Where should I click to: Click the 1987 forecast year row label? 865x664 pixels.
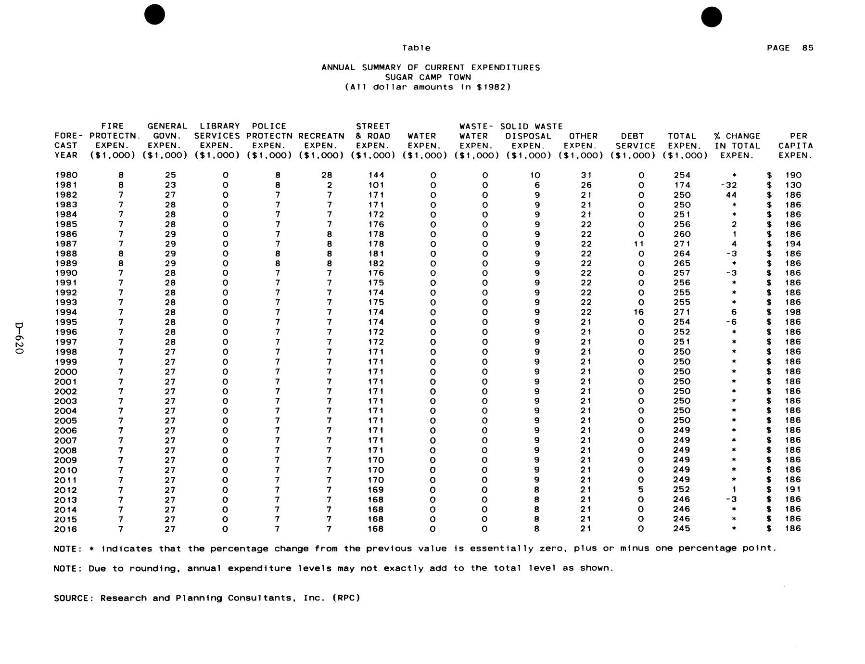click(x=66, y=244)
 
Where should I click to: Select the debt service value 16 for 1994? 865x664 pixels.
click(x=638, y=312)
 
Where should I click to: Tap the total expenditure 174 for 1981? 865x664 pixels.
click(x=682, y=185)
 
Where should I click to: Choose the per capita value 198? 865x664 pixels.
click(x=793, y=312)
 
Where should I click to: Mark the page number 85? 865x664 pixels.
click(x=808, y=48)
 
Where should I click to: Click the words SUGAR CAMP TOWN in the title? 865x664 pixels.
click(x=428, y=77)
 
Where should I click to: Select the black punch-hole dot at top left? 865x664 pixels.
click(x=154, y=15)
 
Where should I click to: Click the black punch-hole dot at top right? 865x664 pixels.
click(x=711, y=17)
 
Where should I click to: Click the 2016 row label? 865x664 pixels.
click(x=66, y=529)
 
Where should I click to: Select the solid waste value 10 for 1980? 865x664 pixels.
click(x=534, y=175)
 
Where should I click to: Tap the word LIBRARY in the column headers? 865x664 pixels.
click(x=219, y=126)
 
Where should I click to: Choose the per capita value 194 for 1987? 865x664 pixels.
click(x=793, y=244)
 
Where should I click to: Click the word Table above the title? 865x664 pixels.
click(x=416, y=48)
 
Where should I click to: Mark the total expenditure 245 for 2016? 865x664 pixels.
click(x=682, y=529)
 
